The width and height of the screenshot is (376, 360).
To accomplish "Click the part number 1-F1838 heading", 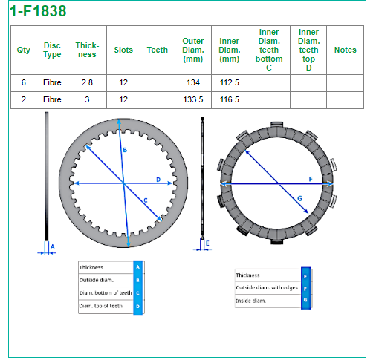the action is [38, 11].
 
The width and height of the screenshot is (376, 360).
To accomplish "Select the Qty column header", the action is [24, 50].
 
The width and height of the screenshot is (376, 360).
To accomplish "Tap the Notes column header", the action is [346, 50].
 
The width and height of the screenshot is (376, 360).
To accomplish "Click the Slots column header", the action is [123, 50].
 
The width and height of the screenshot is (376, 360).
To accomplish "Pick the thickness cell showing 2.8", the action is [87, 82].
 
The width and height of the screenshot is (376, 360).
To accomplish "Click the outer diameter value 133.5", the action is [193, 99].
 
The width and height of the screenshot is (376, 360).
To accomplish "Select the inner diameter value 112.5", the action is [230, 82].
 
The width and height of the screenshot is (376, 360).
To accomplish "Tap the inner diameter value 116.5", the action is [230, 99].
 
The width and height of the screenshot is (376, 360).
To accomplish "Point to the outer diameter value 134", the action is [193, 82].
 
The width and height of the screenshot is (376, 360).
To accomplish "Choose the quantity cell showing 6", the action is [24, 82].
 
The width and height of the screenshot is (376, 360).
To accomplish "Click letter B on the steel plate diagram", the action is [125, 150].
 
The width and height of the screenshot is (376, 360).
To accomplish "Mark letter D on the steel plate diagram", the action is [158, 180].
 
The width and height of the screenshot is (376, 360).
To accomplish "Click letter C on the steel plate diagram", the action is [146, 200].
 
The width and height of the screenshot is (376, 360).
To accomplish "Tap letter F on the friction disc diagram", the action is [311, 179].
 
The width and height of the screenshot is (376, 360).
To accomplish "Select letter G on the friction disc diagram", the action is [299, 198].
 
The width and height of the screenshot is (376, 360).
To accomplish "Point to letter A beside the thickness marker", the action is [52, 246].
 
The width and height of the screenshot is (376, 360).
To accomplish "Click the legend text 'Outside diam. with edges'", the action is [267, 288].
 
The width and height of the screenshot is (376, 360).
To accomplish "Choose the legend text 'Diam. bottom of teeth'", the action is [106, 293].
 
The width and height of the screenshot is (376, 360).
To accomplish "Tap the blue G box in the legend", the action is [305, 300].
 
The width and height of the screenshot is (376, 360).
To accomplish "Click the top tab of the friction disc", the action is [276, 125].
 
